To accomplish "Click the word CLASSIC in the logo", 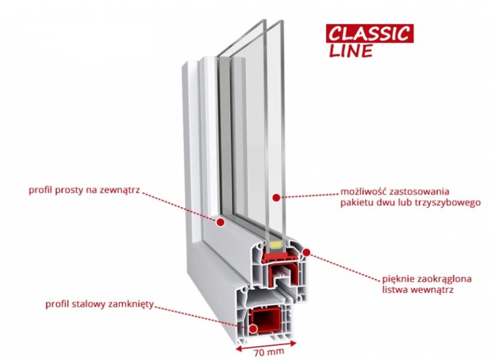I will (x=369, y=32).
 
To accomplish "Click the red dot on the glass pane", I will (x=273, y=196).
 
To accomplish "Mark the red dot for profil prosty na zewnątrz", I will (x=220, y=221).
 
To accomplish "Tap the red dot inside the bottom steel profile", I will (x=254, y=328).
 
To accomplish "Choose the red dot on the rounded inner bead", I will (x=306, y=253).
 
